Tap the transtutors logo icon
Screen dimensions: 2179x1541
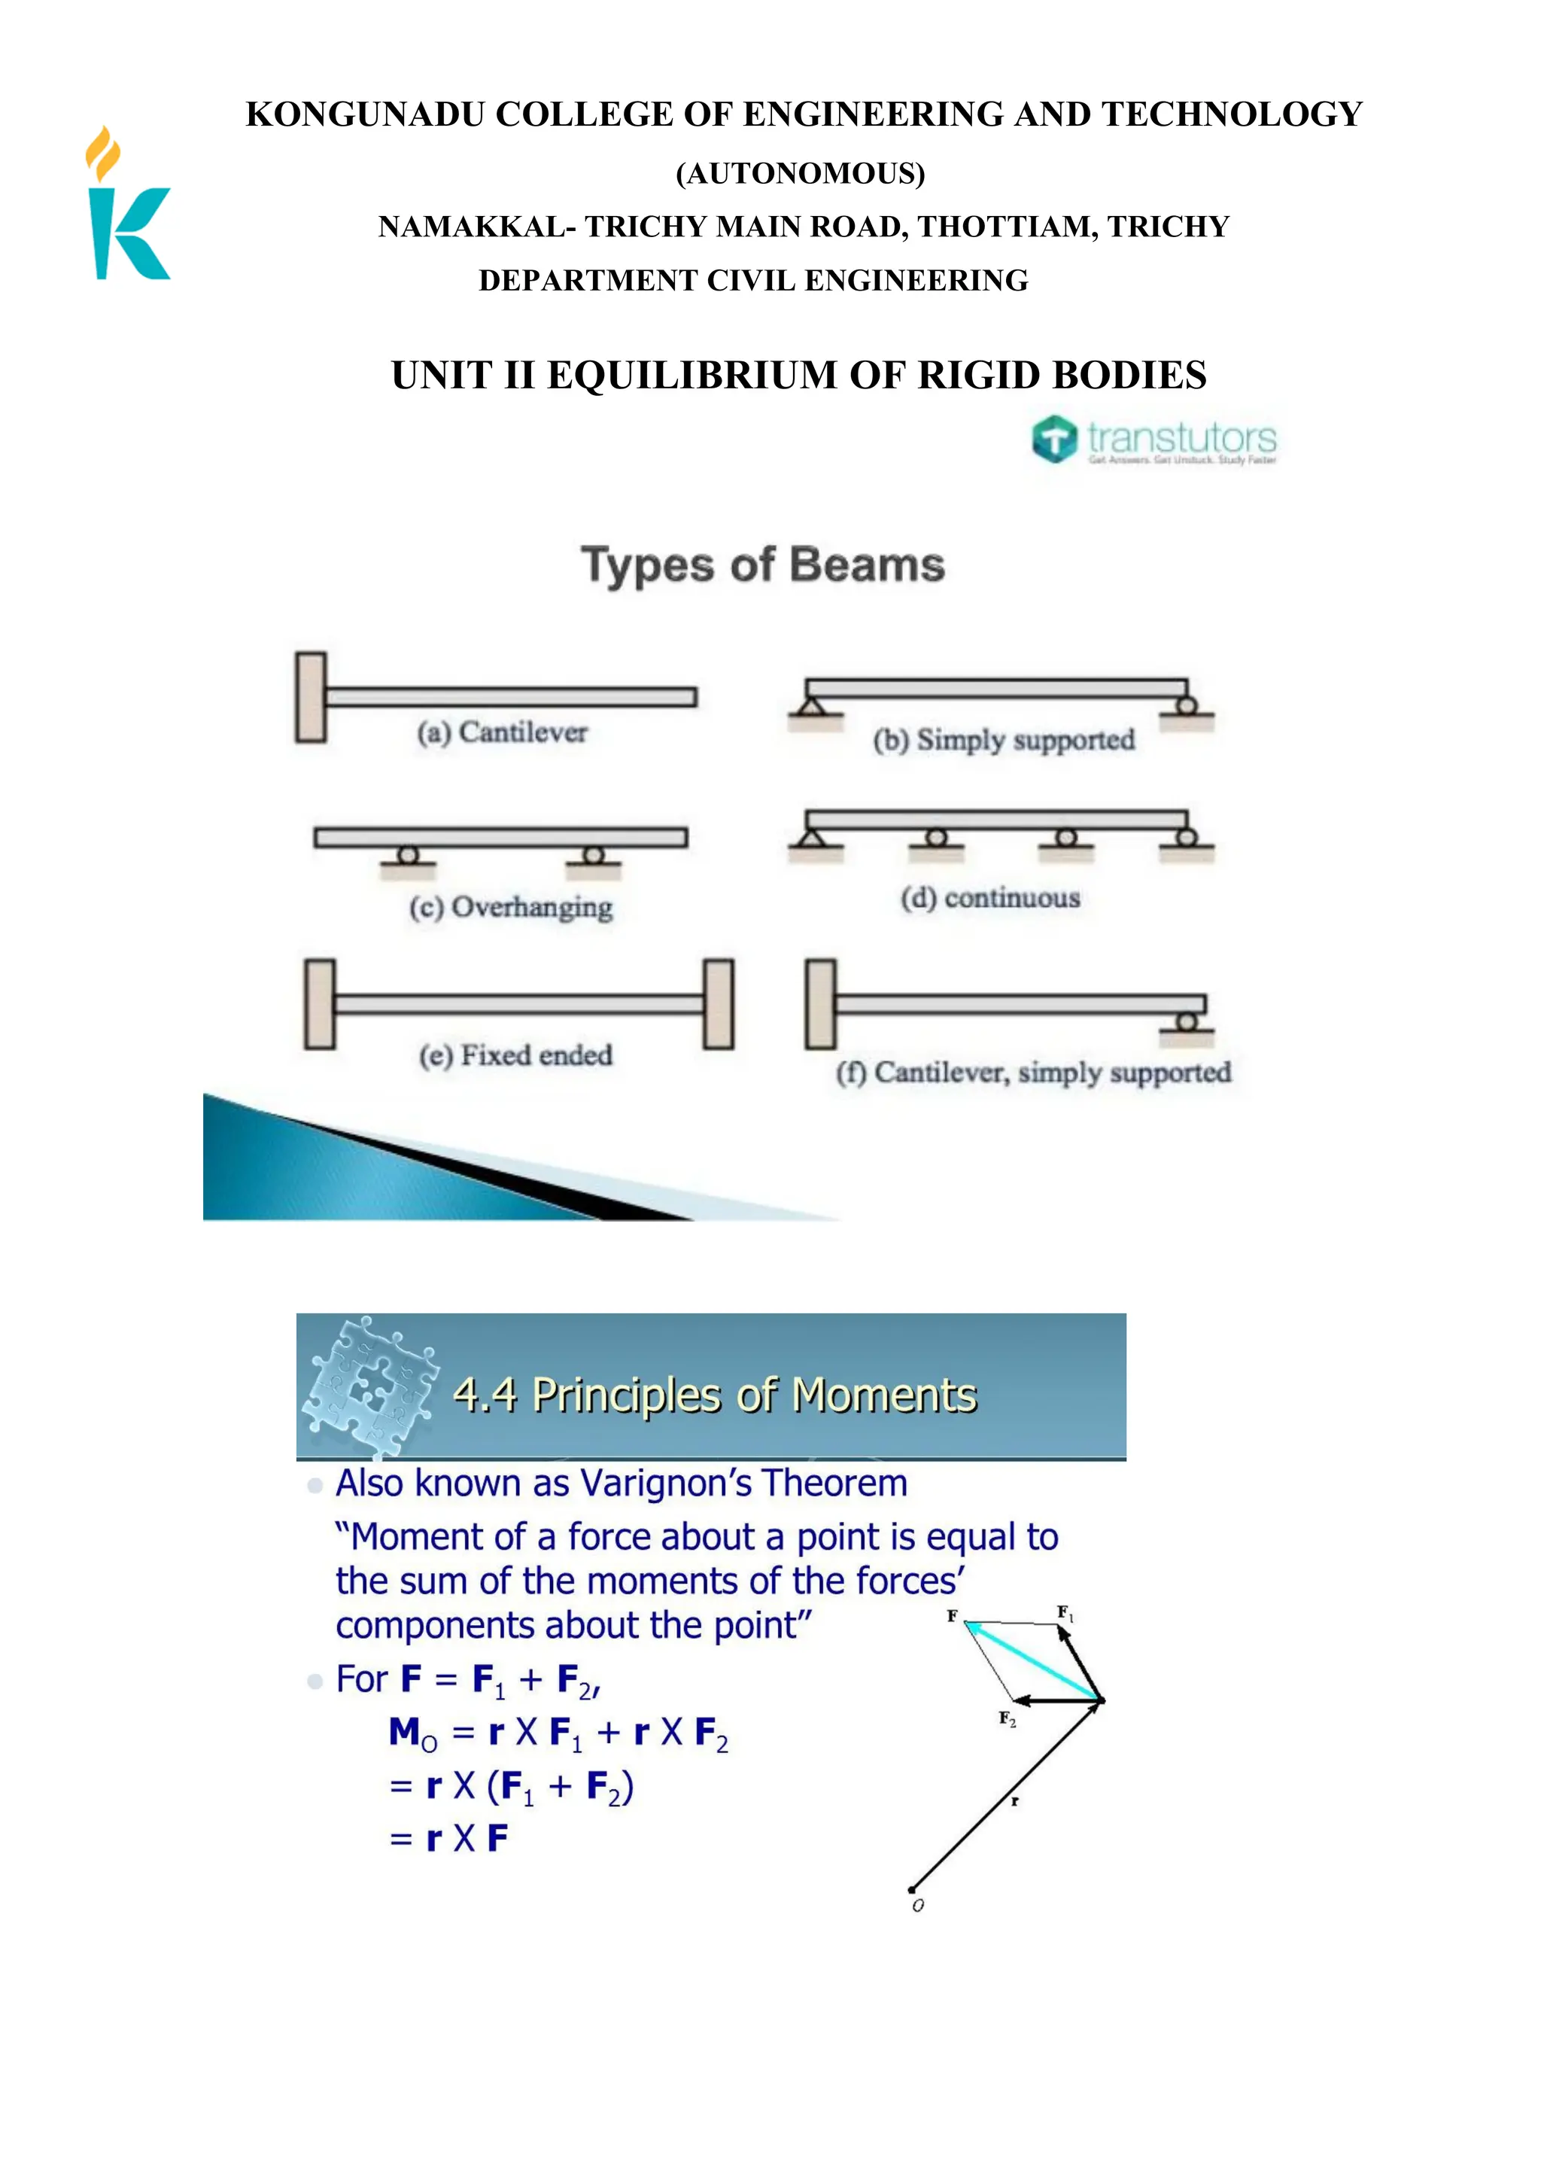click(1054, 440)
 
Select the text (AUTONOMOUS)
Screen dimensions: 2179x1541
click(800, 174)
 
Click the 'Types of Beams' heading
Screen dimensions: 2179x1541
click(763, 565)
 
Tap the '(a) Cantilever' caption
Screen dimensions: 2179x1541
click(502, 732)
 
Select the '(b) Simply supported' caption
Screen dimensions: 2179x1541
click(1003, 740)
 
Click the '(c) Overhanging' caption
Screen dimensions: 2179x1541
click(510, 907)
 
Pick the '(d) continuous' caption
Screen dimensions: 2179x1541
click(989, 898)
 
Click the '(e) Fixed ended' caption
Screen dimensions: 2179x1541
click(515, 1055)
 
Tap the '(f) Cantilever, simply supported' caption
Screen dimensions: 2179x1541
click(1032, 1073)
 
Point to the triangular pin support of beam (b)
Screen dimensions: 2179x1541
click(810, 706)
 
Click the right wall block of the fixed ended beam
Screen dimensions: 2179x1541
click(719, 1004)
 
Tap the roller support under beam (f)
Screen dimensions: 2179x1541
click(1186, 1022)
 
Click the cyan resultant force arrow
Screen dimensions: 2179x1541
click(1035, 1662)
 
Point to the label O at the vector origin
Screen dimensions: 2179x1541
click(917, 1906)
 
